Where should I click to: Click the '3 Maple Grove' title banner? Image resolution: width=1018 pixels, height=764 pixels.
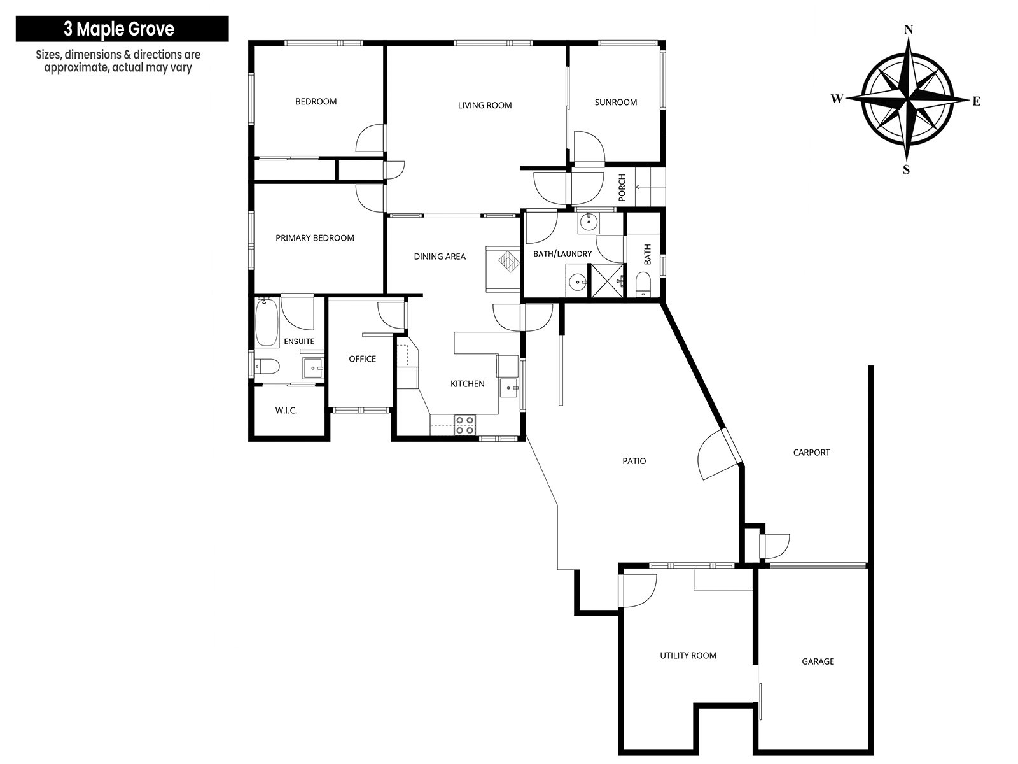click(122, 29)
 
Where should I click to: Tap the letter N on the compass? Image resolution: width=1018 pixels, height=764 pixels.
click(909, 30)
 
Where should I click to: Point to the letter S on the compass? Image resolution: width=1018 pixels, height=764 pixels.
click(906, 170)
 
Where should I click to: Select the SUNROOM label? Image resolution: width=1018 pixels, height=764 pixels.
click(615, 102)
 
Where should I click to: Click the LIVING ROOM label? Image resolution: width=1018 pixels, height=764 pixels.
click(485, 105)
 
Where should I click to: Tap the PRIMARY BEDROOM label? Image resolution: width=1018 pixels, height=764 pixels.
click(314, 238)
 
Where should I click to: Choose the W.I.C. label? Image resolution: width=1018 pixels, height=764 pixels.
click(286, 411)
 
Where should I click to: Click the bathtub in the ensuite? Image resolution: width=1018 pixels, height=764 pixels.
click(267, 322)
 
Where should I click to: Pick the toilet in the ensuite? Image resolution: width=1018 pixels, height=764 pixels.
click(266, 367)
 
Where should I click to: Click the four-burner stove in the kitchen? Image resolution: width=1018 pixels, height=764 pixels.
click(464, 425)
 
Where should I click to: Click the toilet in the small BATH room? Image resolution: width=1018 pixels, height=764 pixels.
click(643, 284)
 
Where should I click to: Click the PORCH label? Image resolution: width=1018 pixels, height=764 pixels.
click(622, 187)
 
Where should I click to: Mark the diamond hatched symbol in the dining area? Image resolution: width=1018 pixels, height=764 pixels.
click(509, 261)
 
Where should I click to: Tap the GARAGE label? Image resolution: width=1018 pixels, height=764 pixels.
click(818, 661)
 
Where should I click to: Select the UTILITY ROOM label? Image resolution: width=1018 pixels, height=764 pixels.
click(688, 656)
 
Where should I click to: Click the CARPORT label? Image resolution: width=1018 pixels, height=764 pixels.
click(811, 452)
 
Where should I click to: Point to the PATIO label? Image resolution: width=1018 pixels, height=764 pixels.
click(634, 460)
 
